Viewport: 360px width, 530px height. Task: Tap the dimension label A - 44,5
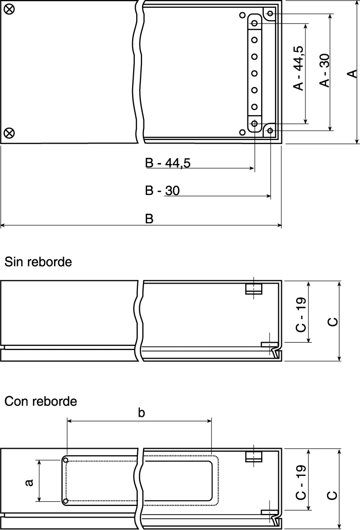pos(299,68)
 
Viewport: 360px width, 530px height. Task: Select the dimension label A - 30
pos(325,70)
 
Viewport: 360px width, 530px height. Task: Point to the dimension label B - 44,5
pos(168,163)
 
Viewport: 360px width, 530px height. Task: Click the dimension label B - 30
pos(162,190)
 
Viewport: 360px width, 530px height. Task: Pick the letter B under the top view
pos(149,219)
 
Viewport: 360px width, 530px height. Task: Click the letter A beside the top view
pos(353,74)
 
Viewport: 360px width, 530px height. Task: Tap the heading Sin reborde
pos(38,262)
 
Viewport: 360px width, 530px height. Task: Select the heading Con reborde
pos(41,401)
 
